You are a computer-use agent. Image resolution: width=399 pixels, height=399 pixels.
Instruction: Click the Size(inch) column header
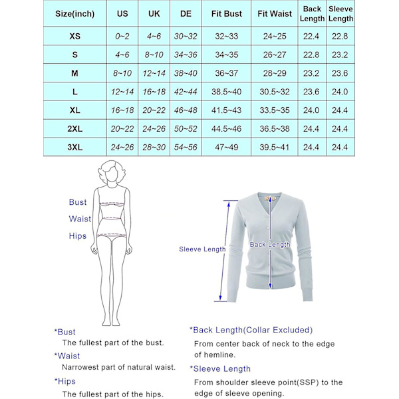pyautogui.click(x=75, y=13)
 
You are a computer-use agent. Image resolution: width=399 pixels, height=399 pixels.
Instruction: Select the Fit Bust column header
pyautogui.click(x=226, y=13)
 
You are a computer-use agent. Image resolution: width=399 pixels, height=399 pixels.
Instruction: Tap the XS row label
pyautogui.click(x=75, y=36)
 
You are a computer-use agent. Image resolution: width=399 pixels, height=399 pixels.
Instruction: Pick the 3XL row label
pyautogui.click(x=75, y=147)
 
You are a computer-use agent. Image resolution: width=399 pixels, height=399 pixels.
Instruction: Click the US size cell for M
pyautogui.click(x=122, y=73)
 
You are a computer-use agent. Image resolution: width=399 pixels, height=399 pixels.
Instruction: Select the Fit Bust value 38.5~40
pyautogui.click(x=226, y=92)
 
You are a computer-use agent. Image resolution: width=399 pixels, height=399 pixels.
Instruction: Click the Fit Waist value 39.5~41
pyautogui.click(x=275, y=147)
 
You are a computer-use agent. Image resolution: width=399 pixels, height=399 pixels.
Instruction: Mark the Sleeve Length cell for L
pyautogui.click(x=340, y=92)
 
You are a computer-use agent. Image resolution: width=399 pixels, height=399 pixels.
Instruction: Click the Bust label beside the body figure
pyautogui.click(x=78, y=202)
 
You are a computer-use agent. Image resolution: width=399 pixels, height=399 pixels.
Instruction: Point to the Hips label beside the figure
pyautogui.click(x=78, y=236)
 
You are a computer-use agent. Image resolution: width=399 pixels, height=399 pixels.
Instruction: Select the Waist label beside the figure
pyautogui.click(x=80, y=219)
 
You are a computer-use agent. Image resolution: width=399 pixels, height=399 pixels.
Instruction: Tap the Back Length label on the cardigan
pyautogui.click(x=270, y=245)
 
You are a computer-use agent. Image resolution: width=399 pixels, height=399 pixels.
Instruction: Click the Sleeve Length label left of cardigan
pyautogui.click(x=202, y=249)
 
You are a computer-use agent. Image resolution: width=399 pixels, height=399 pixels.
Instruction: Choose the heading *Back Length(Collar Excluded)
pyautogui.click(x=251, y=330)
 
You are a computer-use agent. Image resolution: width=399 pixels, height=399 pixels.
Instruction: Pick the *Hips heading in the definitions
pyautogui.click(x=65, y=381)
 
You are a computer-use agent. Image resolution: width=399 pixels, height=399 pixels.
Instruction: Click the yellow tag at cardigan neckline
pyautogui.click(x=269, y=198)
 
